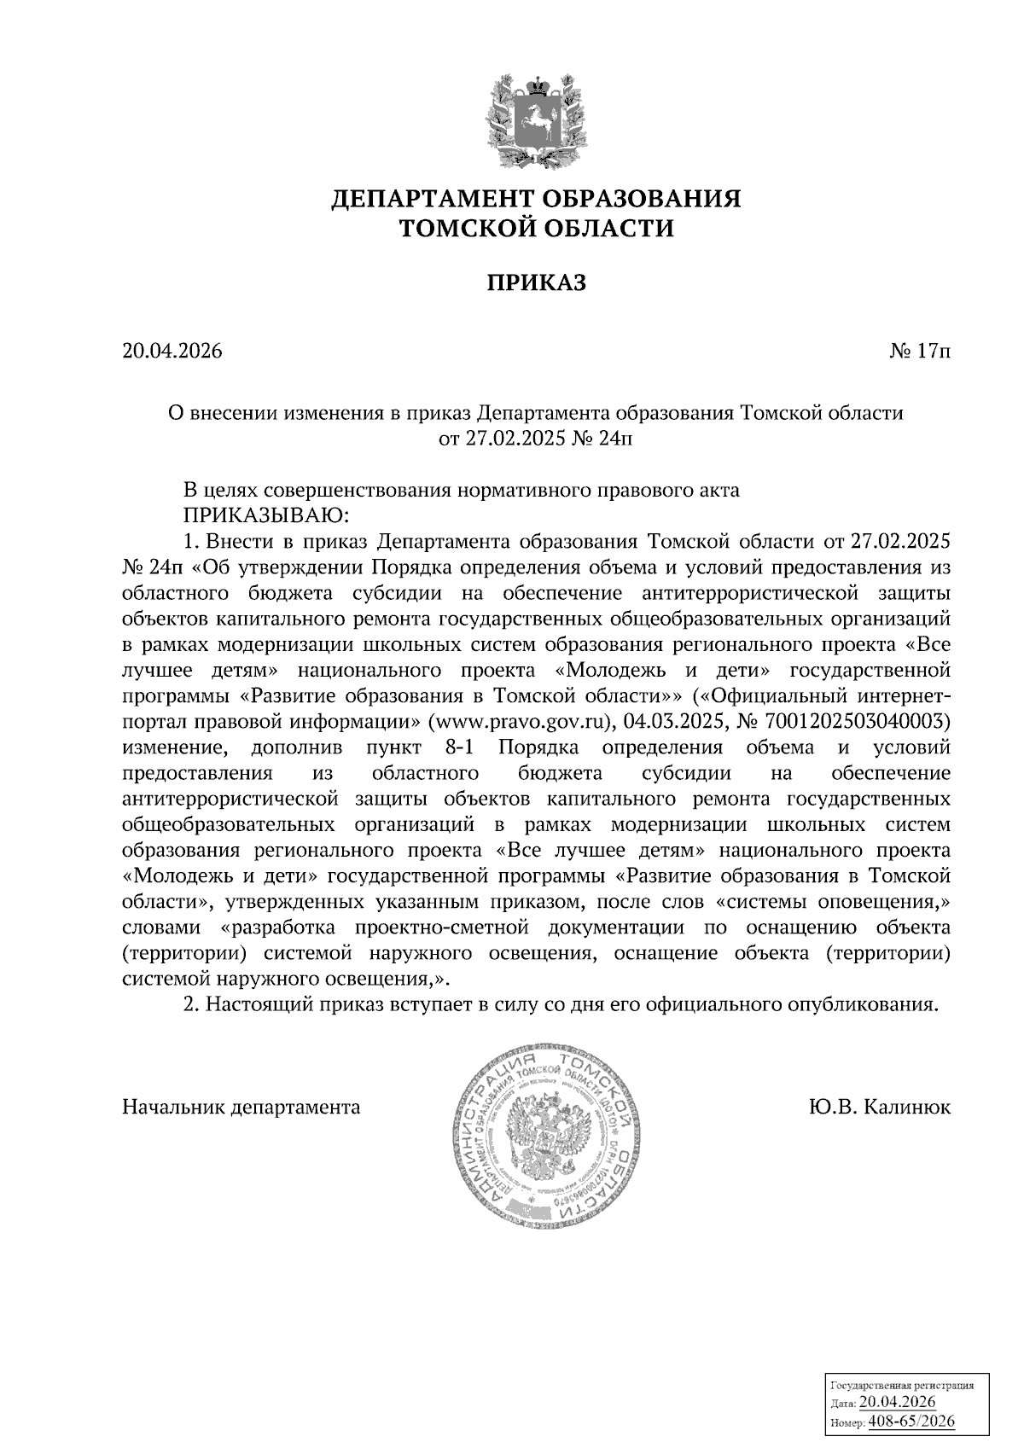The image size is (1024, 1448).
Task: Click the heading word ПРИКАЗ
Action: click(x=537, y=283)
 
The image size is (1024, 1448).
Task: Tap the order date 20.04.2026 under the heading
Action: click(x=172, y=352)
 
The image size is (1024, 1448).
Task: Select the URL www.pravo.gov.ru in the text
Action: click(x=521, y=722)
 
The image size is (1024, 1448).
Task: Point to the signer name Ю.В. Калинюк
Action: click(x=880, y=1108)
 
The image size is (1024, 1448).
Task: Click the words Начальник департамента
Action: click(x=241, y=1108)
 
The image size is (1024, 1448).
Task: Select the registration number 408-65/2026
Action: click(x=911, y=1421)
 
